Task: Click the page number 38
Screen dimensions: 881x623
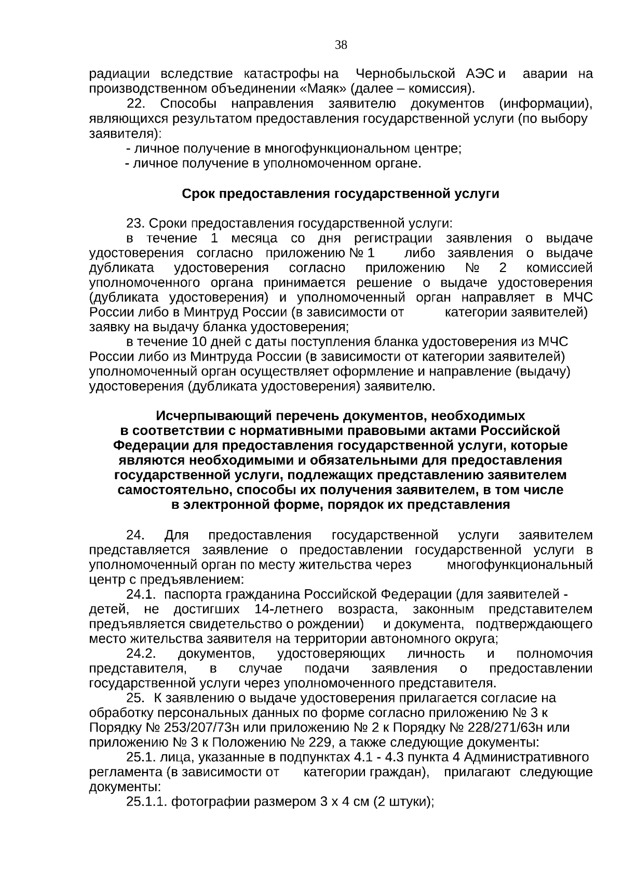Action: pyautogui.click(x=341, y=45)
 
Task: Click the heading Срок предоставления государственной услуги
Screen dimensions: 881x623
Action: pyautogui.click(x=340, y=194)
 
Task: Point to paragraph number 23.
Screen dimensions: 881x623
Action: pyautogui.click(x=136, y=224)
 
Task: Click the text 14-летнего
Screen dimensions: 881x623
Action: pyautogui.click(x=289, y=609)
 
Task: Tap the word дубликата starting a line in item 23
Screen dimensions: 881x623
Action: pyautogui.click(x=121, y=268)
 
